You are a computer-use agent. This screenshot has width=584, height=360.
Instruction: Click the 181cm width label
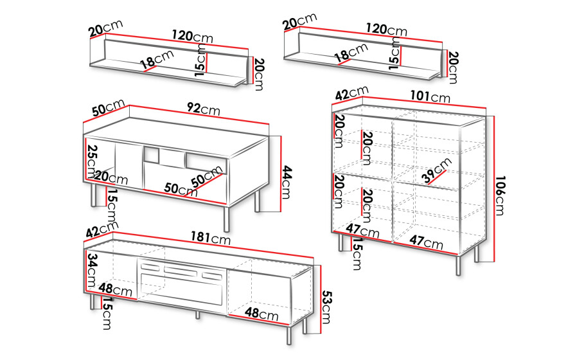click(x=211, y=238)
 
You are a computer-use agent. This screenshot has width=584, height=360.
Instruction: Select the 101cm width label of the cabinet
click(x=430, y=97)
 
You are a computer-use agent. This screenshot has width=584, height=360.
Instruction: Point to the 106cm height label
click(x=500, y=195)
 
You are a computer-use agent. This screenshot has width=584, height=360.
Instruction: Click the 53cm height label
click(x=326, y=307)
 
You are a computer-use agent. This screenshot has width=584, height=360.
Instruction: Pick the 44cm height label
click(x=286, y=183)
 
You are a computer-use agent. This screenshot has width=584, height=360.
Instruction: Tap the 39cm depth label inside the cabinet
click(x=436, y=170)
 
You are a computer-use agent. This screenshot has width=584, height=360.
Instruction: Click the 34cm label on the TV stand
click(x=91, y=270)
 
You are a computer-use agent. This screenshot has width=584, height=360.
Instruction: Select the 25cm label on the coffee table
click(x=92, y=161)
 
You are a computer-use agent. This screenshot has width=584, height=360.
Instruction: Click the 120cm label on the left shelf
click(x=192, y=37)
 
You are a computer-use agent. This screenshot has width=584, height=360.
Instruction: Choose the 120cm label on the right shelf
click(x=386, y=29)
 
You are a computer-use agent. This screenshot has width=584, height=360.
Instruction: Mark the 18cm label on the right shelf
click(x=351, y=53)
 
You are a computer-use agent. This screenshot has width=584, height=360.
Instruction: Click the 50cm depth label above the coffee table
click(x=108, y=107)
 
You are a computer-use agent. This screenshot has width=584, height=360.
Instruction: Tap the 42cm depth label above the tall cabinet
click(x=351, y=93)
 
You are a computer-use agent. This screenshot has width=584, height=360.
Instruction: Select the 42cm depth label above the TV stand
click(x=102, y=228)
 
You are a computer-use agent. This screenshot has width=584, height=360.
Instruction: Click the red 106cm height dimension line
click(x=494, y=188)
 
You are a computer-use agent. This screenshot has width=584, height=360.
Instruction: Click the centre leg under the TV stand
click(x=198, y=314)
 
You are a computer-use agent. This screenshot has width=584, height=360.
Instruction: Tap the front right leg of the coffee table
click(x=227, y=219)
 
